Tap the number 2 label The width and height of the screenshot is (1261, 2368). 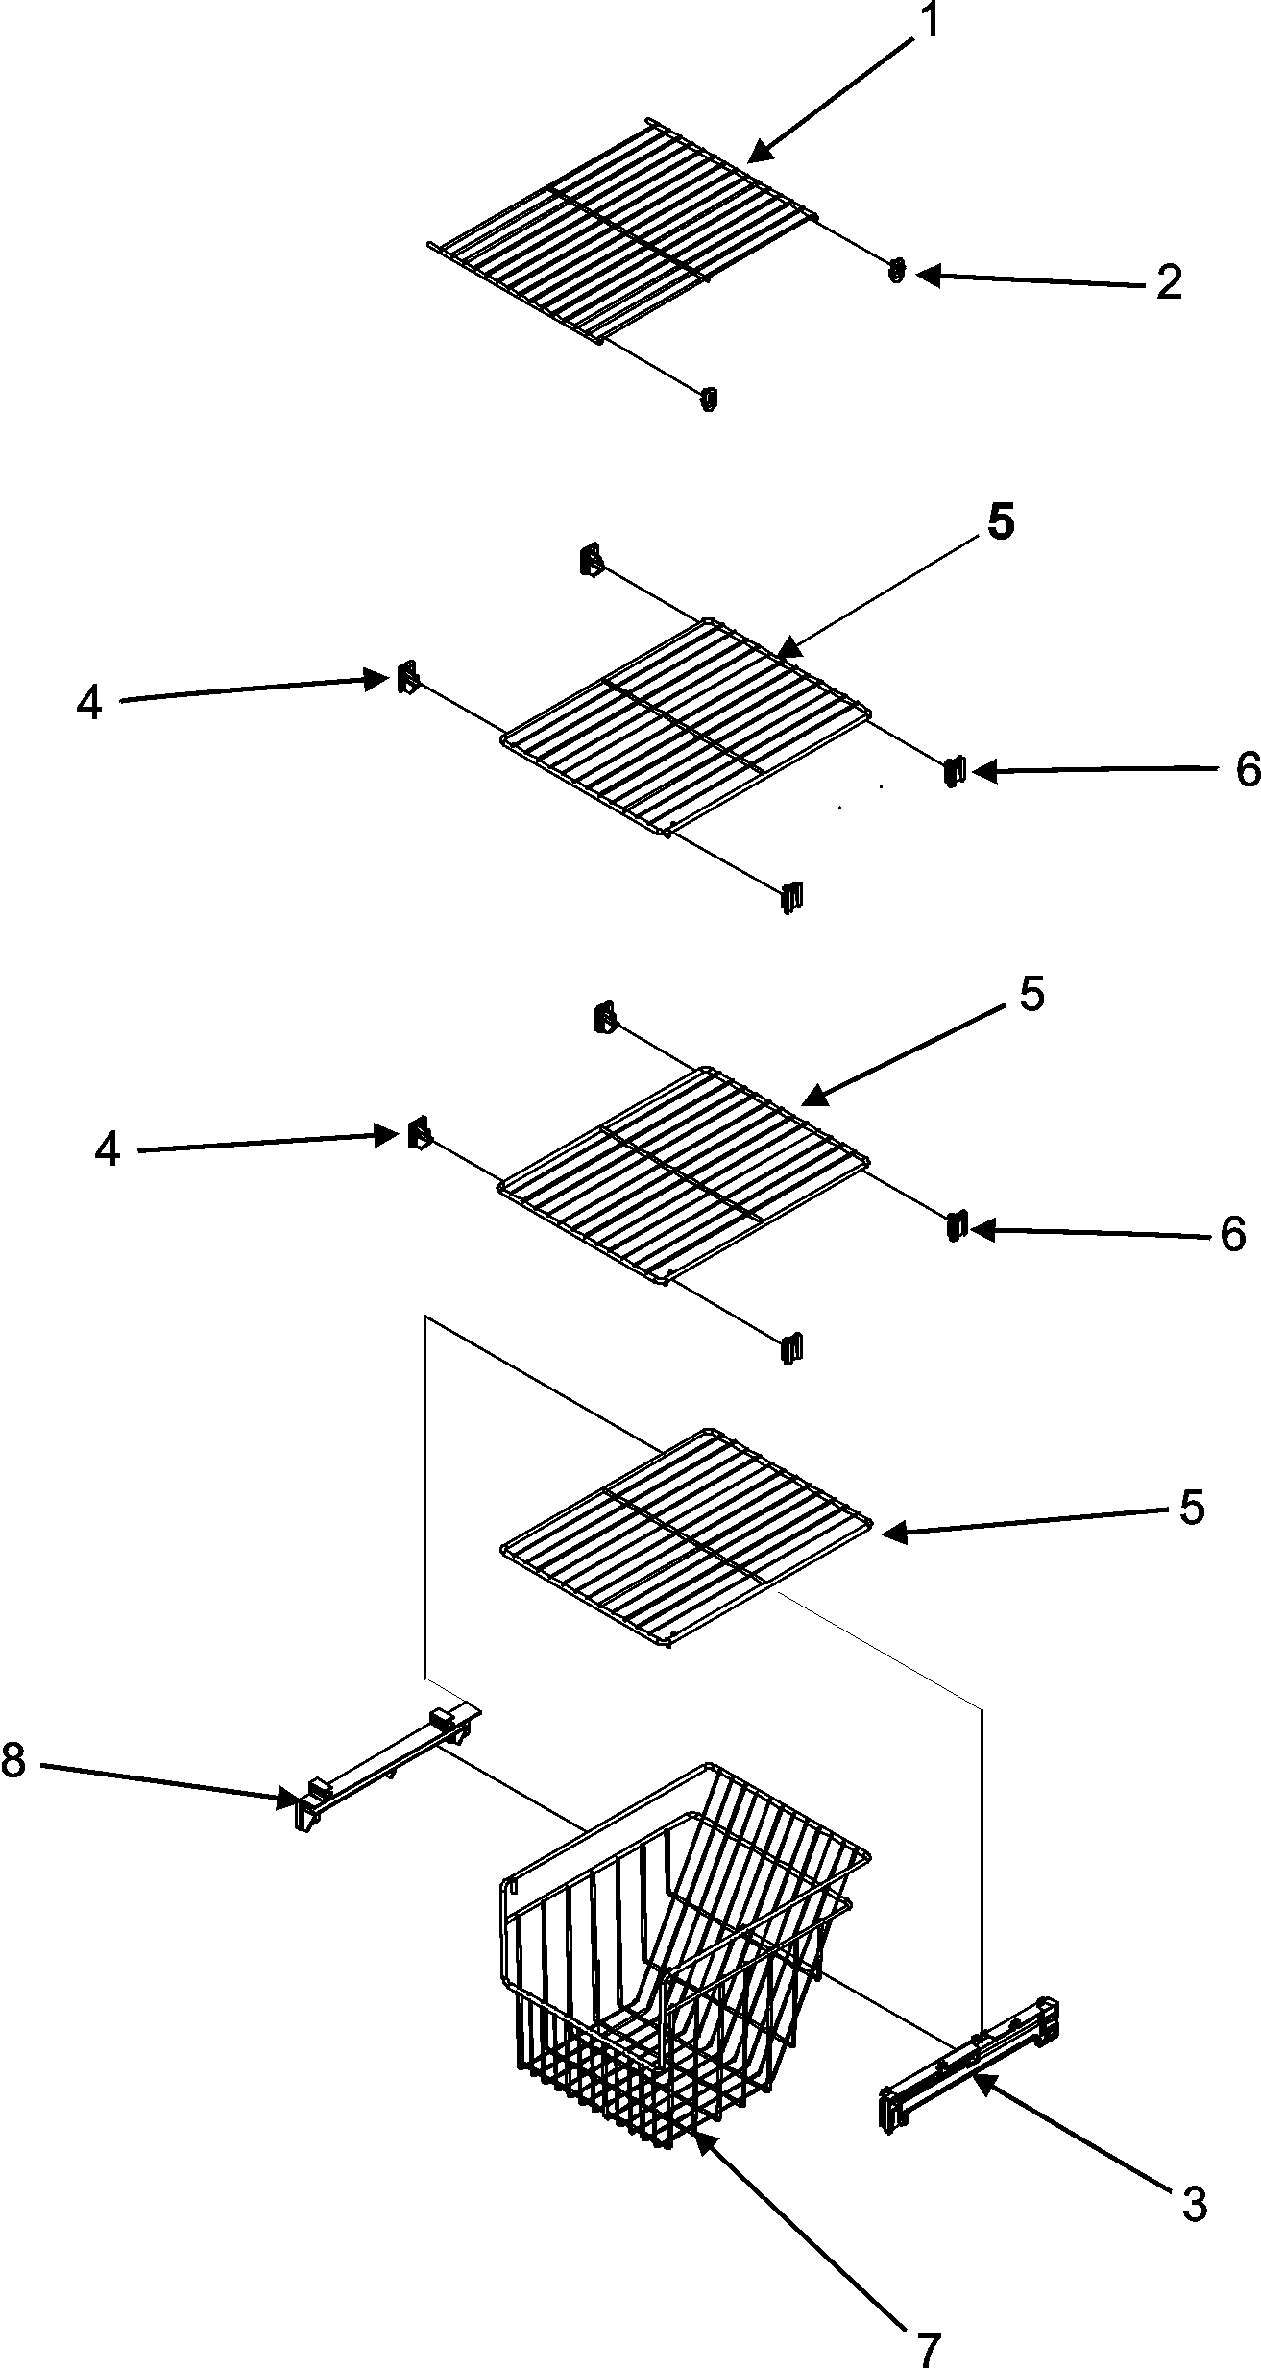point(1168,283)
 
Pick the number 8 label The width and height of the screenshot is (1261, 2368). point(12,1760)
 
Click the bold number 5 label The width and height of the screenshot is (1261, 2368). point(1000,523)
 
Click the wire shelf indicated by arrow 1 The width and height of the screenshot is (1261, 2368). point(624,230)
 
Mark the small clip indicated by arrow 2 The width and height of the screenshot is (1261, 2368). point(896,272)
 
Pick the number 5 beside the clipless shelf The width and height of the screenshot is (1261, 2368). point(1192,1508)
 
